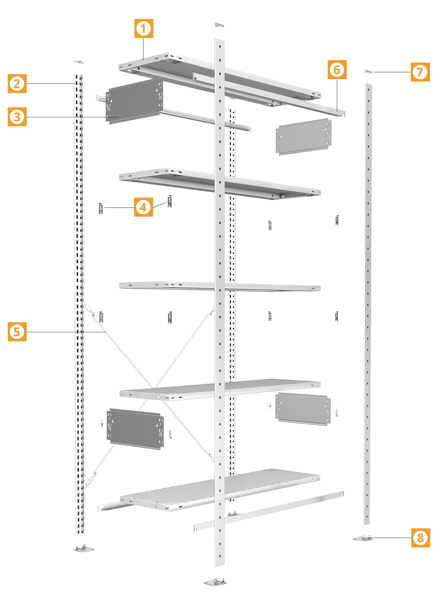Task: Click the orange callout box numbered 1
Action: pos(144,28)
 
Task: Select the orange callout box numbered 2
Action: pos(17,84)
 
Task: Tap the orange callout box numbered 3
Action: pos(17,117)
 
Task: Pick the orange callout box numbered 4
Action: pos(144,207)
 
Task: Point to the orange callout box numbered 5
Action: pos(17,332)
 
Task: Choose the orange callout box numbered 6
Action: pos(337,70)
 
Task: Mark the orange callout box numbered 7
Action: pos(420,72)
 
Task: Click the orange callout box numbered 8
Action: pos(421,538)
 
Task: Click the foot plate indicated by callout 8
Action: pos(362,538)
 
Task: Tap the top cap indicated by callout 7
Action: pos(368,71)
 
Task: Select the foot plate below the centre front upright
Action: pos(215,582)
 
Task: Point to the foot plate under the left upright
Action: pos(84,548)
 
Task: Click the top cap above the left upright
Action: pos(79,62)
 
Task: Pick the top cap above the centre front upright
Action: pos(219,25)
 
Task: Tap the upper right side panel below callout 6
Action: pos(304,136)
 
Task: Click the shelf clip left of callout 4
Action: pos(101,208)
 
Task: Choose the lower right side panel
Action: pos(303,409)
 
